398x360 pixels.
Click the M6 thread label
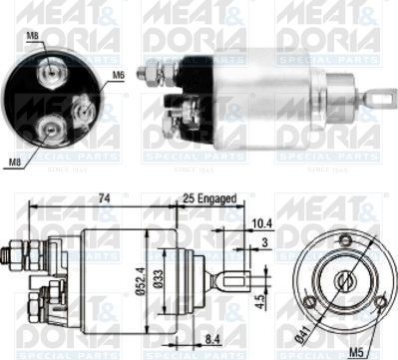(x=117, y=74)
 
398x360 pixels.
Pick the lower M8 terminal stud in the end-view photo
(x=48, y=129)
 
